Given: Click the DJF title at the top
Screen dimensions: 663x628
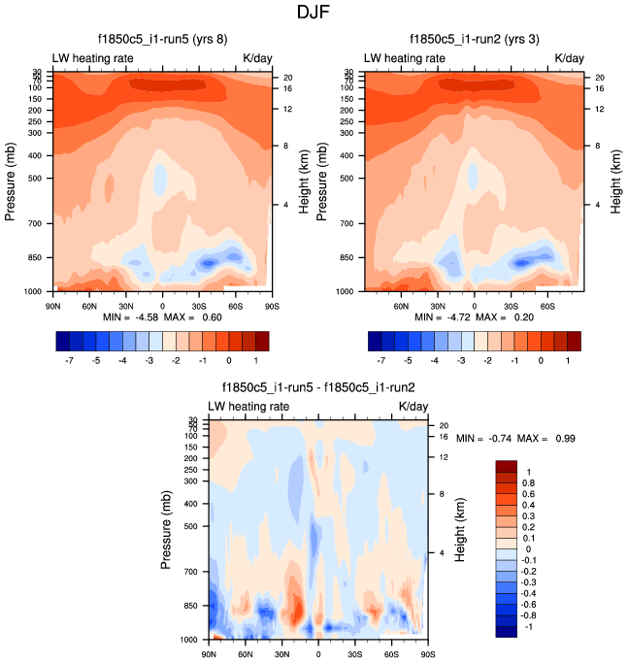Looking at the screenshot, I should tap(314, 14).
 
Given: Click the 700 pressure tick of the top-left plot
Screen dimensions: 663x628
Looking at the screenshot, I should tap(36, 224).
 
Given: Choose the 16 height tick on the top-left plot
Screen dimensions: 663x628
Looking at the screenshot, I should tap(288, 88).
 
